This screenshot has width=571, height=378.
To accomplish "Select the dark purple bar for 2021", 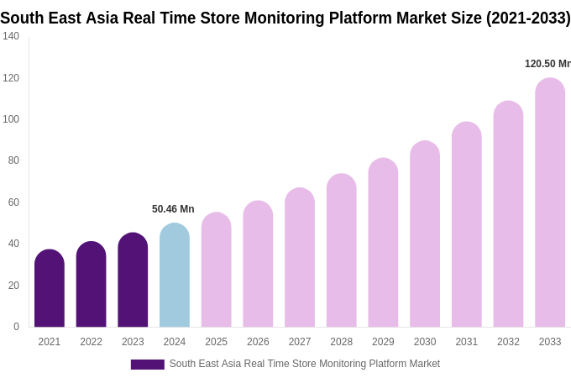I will pos(50,289).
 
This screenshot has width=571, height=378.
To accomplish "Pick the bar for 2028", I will pos(341,251).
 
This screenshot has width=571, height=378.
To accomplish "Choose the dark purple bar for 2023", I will pos(133,281).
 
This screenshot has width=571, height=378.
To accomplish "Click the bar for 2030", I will pos(425,234).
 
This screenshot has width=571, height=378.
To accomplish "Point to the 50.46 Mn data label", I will pos(173,209).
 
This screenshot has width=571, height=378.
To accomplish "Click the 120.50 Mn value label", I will pos(547,64).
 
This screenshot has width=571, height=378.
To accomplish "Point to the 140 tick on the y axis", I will pos(11,36).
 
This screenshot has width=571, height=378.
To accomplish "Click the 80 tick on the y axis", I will pos(13,160).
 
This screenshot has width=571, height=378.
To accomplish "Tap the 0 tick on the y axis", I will pos(16,327).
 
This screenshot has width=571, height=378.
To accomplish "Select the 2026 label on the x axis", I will pos(258,342).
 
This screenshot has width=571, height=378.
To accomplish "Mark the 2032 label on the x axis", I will pos(508,342).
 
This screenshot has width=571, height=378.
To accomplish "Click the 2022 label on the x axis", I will pos(91,342).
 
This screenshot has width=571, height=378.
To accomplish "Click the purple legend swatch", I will pos(147,365).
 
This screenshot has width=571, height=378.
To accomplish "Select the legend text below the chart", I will pos(304,364).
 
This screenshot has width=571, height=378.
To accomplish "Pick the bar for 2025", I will pos(216,270).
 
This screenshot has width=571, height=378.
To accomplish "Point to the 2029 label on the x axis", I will pos(383,342).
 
